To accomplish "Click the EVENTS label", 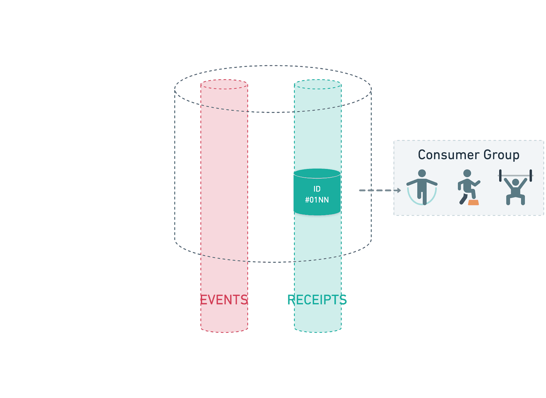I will [x=224, y=300].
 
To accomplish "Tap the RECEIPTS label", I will [x=317, y=300].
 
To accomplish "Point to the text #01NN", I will [x=317, y=200].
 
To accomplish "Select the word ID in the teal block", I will [x=317, y=189].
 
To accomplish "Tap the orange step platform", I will [x=473, y=202].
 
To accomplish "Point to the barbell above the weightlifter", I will [x=516, y=176].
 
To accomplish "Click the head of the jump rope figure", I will [x=422, y=173].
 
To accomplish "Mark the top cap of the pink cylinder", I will [x=224, y=84].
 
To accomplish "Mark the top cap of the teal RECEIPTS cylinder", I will [x=318, y=84].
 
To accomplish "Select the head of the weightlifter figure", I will [x=516, y=183].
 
